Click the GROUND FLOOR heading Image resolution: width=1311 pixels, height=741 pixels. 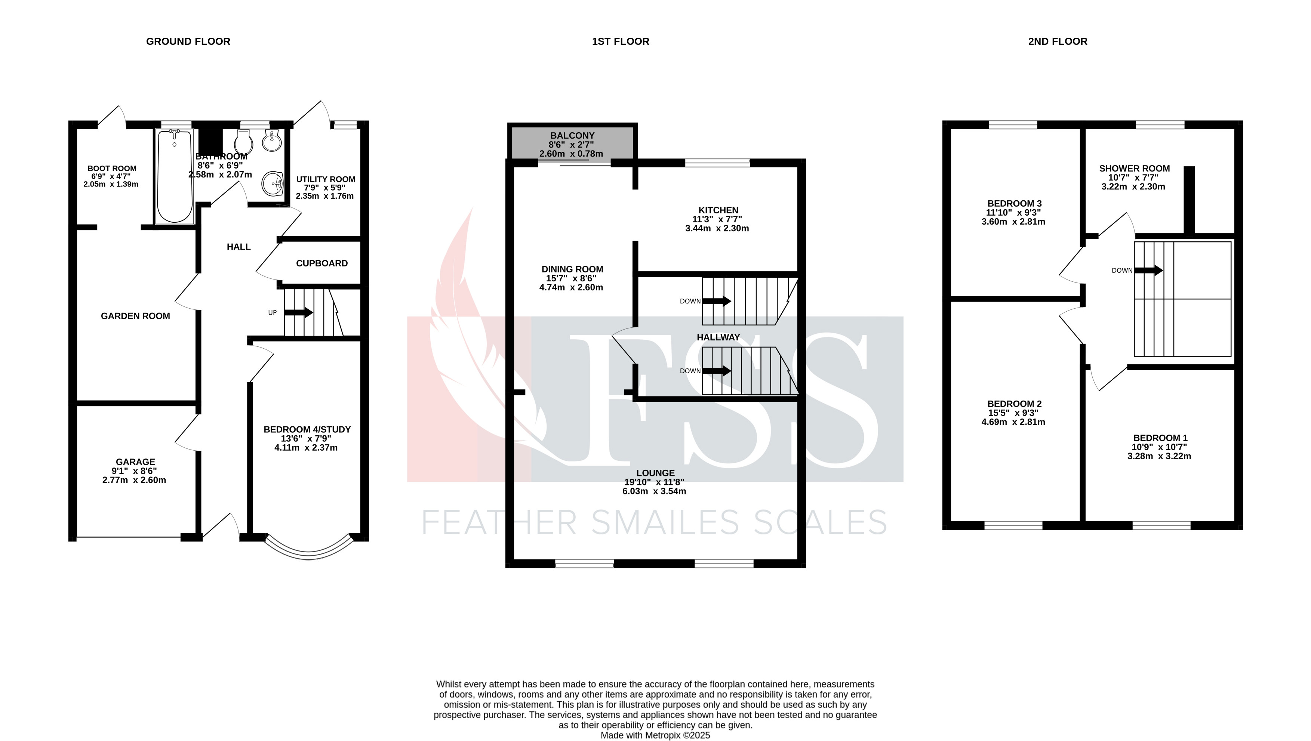(188, 41)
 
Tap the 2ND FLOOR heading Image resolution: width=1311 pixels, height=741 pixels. (1058, 41)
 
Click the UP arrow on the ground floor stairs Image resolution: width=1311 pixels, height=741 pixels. (299, 312)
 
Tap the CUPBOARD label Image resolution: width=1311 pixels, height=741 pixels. (322, 263)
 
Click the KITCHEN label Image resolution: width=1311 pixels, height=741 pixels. (718, 210)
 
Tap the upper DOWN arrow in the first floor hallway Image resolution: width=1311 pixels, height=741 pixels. (717, 301)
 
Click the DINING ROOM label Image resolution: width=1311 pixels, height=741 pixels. (572, 269)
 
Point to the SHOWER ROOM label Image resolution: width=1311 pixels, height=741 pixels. (1134, 169)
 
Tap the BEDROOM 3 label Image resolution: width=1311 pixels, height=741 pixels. (1013, 204)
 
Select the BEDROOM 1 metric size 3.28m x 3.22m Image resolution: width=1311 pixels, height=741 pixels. (1159, 456)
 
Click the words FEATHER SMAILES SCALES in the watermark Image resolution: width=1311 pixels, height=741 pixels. (655, 523)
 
